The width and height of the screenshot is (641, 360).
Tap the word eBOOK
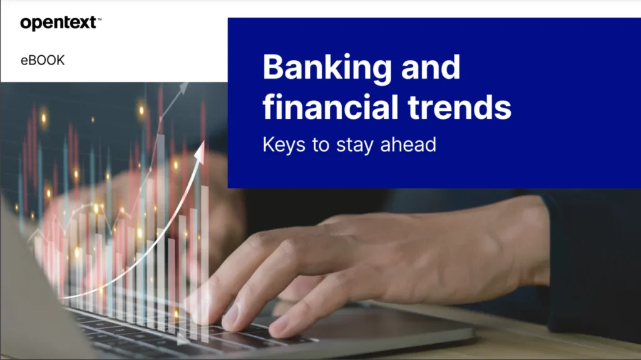pos(43,61)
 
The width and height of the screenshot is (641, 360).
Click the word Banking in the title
pos(325,67)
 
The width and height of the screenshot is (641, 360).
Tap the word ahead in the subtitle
pos(407,145)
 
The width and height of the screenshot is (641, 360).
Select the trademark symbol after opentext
pos(100,19)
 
